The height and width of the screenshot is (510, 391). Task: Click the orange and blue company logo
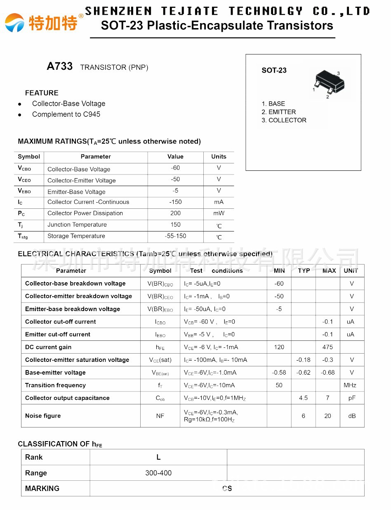click(14, 22)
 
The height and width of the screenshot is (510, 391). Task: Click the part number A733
click(60, 66)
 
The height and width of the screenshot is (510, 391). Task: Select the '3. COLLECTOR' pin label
click(284, 120)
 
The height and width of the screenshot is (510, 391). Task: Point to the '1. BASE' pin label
click(273, 104)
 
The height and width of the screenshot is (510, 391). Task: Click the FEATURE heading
click(42, 93)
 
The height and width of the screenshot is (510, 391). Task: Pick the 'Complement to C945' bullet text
click(66, 114)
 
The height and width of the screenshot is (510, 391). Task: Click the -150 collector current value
click(175, 202)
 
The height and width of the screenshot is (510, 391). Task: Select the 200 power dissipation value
click(175, 213)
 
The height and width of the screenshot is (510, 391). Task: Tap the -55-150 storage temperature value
click(175, 236)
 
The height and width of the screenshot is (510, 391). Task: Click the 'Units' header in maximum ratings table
click(219, 156)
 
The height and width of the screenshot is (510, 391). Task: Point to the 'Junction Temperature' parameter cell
click(77, 224)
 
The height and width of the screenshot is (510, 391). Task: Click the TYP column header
click(304, 271)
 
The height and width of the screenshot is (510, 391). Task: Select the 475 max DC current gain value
click(327, 347)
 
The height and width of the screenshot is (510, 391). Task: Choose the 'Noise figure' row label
click(43, 416)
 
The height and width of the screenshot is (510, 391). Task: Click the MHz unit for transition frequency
click(350, 385)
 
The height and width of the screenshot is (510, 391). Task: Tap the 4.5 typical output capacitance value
click(303, 398)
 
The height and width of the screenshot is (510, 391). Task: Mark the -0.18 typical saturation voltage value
click(303, 360)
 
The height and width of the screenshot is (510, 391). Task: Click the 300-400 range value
click(158, 473)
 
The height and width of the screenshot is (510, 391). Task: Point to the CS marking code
click(227, 488)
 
